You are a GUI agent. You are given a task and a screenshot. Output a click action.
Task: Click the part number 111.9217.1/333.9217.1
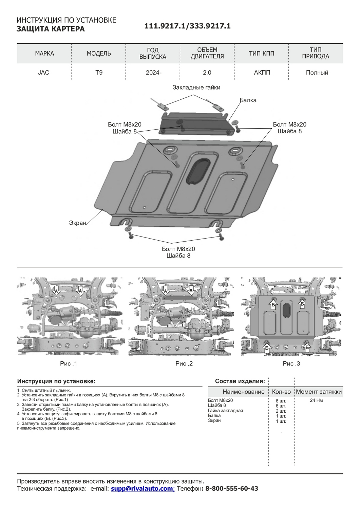point(187,26)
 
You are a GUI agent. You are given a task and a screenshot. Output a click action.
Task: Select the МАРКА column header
point(44,54)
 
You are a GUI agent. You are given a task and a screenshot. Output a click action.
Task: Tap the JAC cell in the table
point(44,73)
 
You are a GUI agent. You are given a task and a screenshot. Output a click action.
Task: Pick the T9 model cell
point(99,73)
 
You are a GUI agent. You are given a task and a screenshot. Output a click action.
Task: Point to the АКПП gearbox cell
point(262,73)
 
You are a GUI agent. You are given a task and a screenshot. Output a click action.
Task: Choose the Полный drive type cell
point(317,73)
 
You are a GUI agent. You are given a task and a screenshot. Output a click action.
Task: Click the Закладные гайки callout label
point(196,88)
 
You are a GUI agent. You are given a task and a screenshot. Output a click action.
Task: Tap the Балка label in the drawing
point(248,100)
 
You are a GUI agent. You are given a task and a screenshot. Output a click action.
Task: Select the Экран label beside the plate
point(77,223)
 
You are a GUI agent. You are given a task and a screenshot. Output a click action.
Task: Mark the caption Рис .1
point(69,364)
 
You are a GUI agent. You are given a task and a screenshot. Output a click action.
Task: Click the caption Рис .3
point(291,364)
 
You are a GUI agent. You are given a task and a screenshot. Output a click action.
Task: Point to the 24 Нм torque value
point(316,400)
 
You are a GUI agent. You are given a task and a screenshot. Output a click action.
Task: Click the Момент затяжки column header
point(319,392)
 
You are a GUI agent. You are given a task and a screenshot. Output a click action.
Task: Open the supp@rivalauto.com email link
point(142,489)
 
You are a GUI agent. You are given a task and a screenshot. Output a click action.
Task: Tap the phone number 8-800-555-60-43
point(232,489)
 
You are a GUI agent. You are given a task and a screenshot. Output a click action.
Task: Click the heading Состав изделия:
point(240,381)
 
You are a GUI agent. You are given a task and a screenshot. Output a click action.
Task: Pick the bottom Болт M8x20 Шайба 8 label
point(178,252)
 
